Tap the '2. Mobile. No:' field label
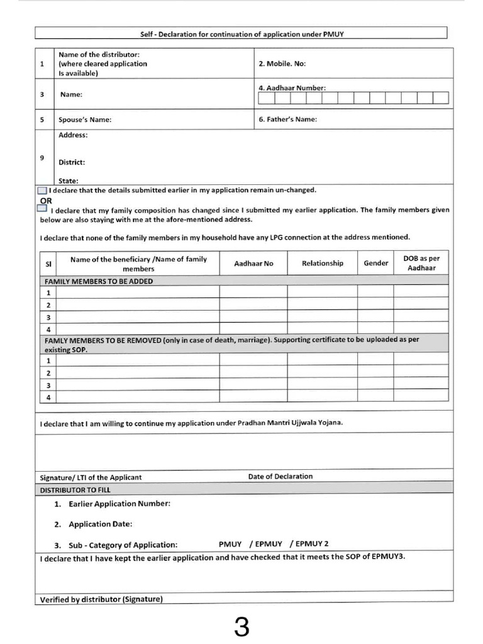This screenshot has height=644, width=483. (x=282, y=64)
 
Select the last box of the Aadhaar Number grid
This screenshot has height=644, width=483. (x=441, y=97)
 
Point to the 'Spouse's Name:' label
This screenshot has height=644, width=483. (x=85, y=119)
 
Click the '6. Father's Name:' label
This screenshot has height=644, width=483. (x=287, y=119)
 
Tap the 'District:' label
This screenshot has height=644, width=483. (x=72, y=162)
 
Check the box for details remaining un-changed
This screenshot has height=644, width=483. (x=42, y=190)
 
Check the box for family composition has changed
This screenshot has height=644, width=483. (x=42, y=208)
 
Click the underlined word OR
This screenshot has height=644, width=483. (x=46, y=200)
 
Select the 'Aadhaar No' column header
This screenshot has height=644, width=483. (x=253, y=264)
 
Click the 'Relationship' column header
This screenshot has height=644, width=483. (x=322, y=263)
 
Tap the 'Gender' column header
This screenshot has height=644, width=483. (x=375, y=263)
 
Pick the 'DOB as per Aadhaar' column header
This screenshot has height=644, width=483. (x=421, y=263)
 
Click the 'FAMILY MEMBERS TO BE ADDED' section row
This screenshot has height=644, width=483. (x=97, y=281)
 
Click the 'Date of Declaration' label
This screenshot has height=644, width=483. (x=280, y=476)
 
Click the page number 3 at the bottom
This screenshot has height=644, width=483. (x=241, y=626)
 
